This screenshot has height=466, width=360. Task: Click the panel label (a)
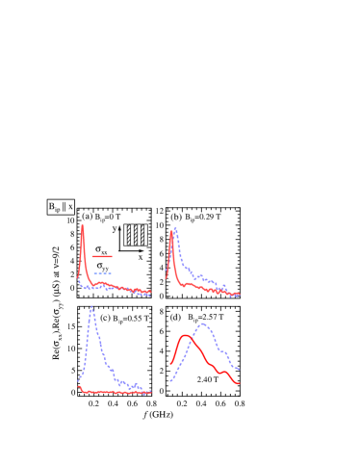click(88, 216)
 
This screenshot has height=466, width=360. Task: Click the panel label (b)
click(176, 217)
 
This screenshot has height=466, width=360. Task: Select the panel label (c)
click(105, 317)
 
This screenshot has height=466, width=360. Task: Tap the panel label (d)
click(175, 317)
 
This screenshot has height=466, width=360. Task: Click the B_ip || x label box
click(61, 206)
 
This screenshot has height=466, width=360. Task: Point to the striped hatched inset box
click(136, 235)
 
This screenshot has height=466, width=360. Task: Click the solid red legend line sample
click(102, 256)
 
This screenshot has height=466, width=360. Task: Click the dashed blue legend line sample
click(102, 273)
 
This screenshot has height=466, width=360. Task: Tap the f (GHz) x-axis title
click(159, 414)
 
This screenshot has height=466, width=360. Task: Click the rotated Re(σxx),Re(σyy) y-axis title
click(56, 302)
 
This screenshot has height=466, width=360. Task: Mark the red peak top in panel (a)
click(82, 225)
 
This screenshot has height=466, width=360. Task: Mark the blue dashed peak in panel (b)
click(176, 228)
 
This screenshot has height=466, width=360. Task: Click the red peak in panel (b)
click(171, 232)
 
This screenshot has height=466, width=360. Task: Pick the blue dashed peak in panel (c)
click(91, 308)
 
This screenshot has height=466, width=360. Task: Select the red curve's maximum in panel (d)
click(185, 335)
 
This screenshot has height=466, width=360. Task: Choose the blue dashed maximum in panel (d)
click(202, 324)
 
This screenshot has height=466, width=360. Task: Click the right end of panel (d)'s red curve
click(239, 383)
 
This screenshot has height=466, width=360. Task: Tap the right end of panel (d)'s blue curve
click(239, 369)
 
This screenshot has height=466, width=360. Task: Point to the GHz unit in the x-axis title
click(163, 414)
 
